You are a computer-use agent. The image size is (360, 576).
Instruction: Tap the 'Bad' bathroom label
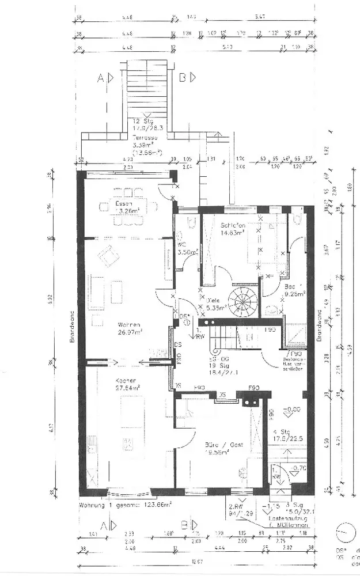point(290,286)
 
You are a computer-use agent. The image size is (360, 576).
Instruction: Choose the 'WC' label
point(182,244)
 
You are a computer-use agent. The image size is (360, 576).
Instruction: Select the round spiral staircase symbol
point(242,301)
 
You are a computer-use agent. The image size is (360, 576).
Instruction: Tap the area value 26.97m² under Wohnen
point(130,332)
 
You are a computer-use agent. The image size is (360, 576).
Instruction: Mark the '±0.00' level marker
point(292,410)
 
